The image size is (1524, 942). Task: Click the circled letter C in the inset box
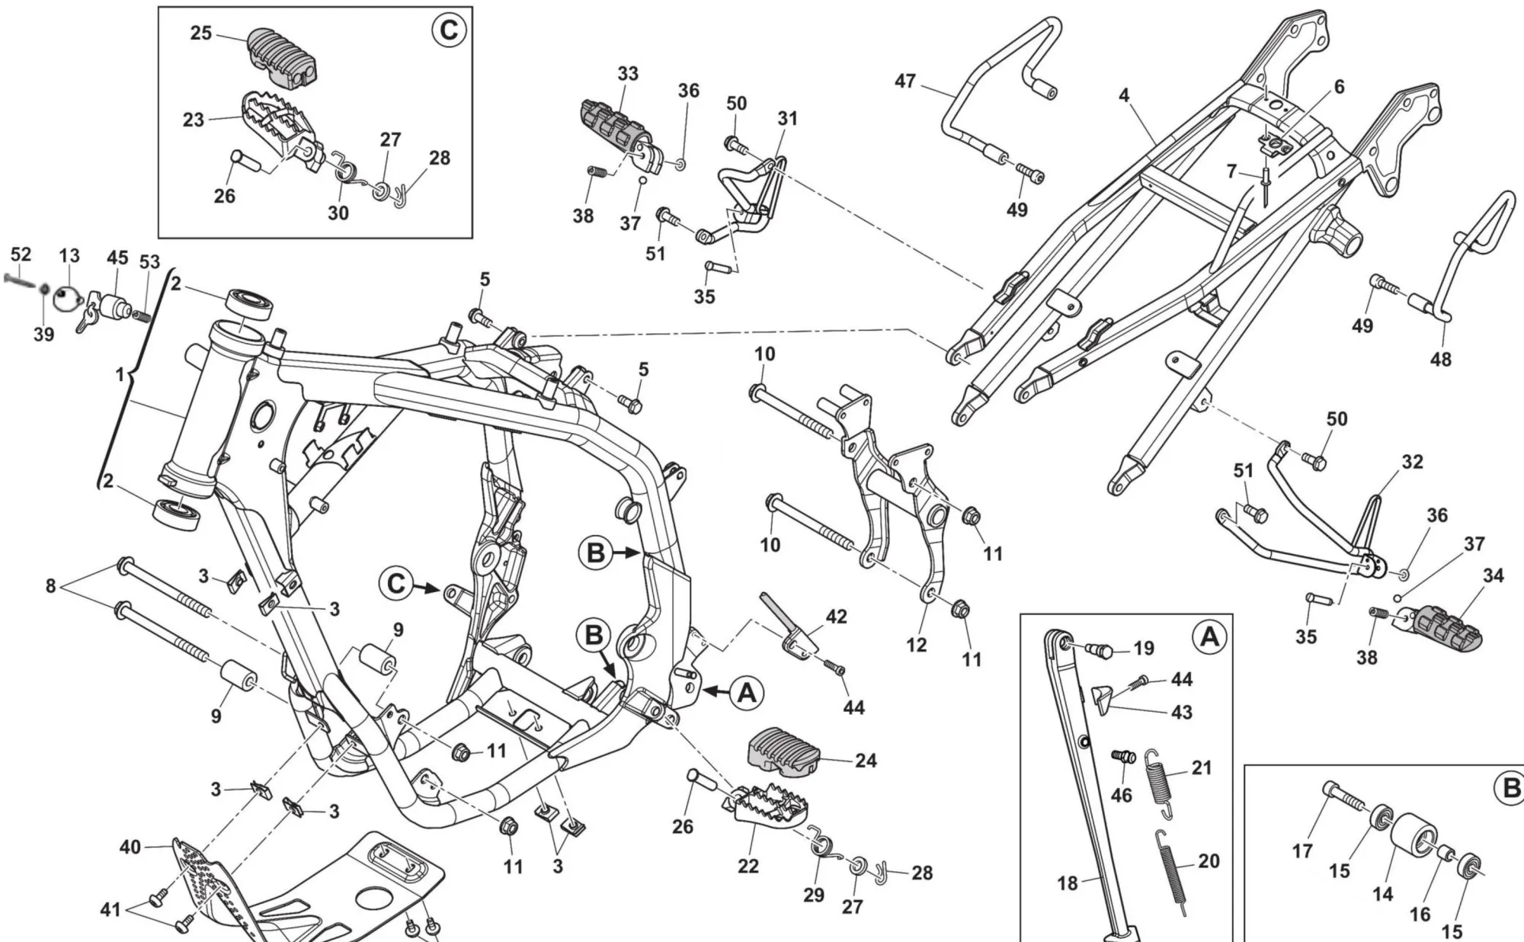(447, 30)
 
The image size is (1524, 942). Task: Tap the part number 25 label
(200, 34)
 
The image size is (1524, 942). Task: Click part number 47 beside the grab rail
(904, 81)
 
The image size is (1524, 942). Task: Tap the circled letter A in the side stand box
(1209, 636)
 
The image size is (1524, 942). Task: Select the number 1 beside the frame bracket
(120, 375)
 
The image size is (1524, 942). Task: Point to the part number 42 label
(836, 616)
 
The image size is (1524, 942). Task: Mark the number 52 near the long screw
(21, 255)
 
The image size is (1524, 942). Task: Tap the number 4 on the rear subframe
(1124, 95)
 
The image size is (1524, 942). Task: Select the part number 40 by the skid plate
(130, 847)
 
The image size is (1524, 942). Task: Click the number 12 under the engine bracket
(916, 645)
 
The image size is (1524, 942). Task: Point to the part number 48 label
(1440, 358)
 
